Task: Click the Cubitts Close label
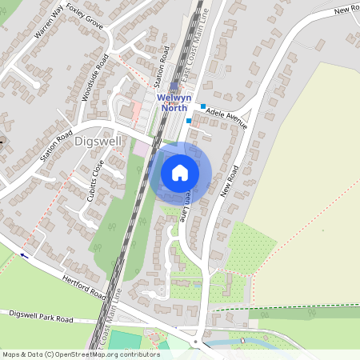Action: (94, 180)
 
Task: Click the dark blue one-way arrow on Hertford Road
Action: (23, 256)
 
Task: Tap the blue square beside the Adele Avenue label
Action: (203, 106)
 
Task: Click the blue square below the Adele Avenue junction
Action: (189, 121)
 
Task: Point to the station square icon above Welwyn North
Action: (174, 86)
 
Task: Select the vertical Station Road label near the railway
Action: (158, 70)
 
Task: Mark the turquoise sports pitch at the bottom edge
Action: (128, 341)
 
